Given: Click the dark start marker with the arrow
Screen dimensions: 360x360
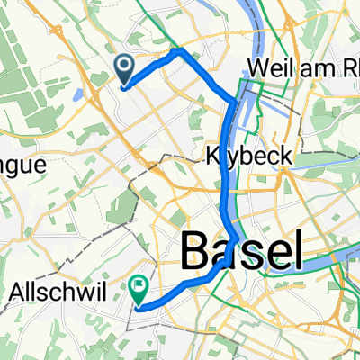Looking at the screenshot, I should (x=123, y=67).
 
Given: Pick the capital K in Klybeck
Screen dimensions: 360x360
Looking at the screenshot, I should (x=215, y=156).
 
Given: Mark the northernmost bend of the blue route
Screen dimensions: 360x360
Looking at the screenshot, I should (x=182, y=50).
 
